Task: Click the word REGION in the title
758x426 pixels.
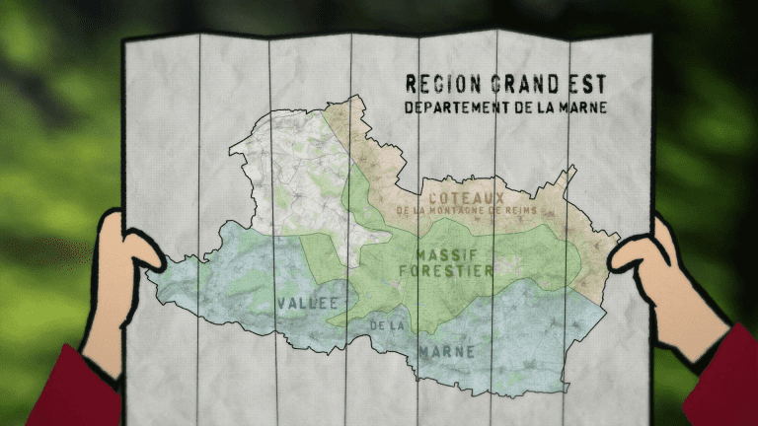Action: point(438,84)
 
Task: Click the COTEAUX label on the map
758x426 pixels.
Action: point(466,197)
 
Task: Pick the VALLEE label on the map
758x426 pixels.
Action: point(308,303)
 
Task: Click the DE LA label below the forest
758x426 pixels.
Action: point(388,325)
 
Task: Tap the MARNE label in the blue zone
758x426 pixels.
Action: point(446,351)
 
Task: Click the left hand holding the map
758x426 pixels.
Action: point(115,286)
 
